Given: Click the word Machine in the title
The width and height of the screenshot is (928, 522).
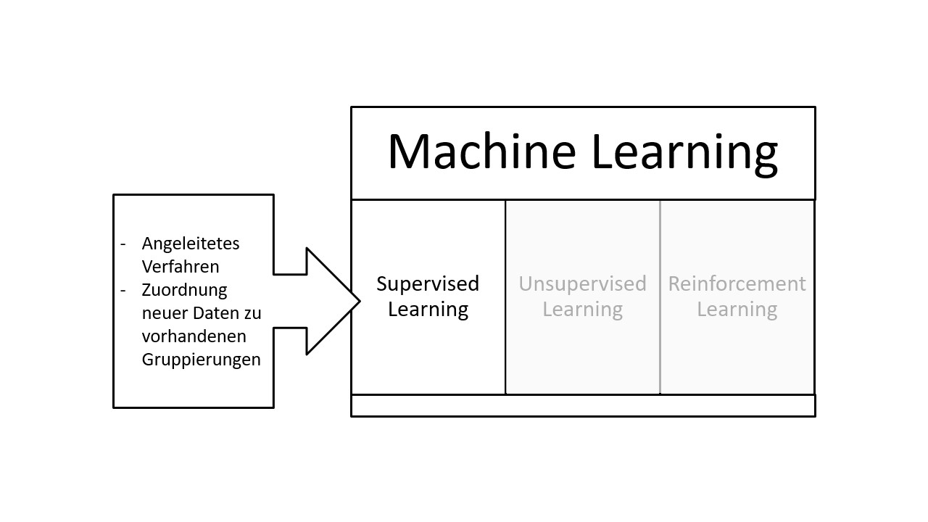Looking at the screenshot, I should [x=481, y=152].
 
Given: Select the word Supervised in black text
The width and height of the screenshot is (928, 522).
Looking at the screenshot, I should [x=428, y=283].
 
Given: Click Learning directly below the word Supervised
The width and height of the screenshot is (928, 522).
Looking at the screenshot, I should [x=428, y=310].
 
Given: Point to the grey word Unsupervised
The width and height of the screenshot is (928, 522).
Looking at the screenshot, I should [x=582, y=283].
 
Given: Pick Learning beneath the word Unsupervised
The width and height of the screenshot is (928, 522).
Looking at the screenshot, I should [x=582, y=310].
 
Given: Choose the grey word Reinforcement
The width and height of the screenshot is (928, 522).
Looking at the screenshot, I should [x=737, y=283].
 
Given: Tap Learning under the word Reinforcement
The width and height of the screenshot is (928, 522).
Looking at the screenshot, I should [x=737, y=310].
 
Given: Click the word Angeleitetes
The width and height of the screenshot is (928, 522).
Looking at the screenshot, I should [x=191, y=244].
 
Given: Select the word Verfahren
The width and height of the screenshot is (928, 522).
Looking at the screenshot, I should [x=181, y=266].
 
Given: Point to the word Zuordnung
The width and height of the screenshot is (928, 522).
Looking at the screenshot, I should [x=184, y=290].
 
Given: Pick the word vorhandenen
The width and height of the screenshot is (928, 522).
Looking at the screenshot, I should [x=194, y=336].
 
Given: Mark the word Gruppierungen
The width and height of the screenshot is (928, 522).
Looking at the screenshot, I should [x=201, y=360].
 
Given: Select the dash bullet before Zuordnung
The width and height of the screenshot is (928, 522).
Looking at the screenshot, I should [x=123, y=290].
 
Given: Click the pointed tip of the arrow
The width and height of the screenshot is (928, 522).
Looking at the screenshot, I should [x=358, y=301].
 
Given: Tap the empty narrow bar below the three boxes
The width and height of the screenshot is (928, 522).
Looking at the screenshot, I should [x=583, y=405].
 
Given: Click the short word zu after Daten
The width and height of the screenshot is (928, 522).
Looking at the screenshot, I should [x=253, y=313].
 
